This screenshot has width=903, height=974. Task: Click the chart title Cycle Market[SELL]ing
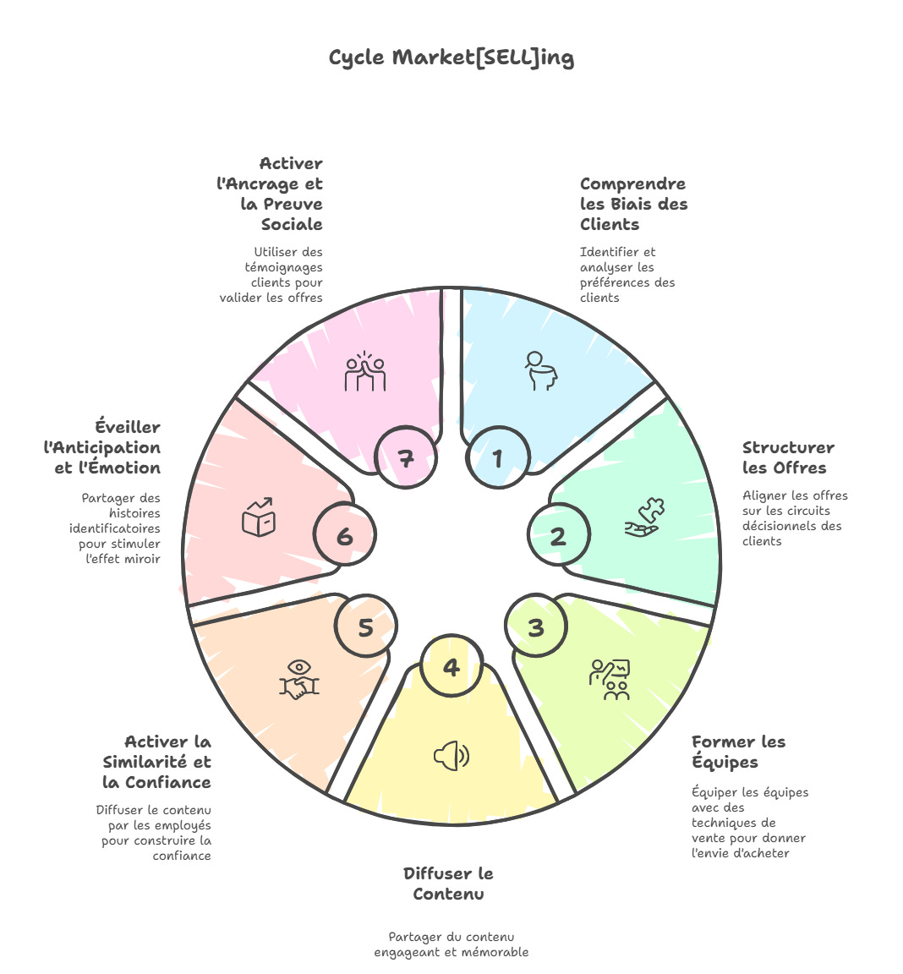coord(451,57)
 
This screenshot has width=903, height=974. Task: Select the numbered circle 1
coord(498,457)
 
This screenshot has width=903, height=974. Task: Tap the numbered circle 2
coord(559,535)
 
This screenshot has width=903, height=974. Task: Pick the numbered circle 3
coord(536,627)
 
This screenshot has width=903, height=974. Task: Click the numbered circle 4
coord(451,667)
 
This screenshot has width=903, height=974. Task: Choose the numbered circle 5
coord(365,627)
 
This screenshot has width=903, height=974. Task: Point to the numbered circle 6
coord(345,535)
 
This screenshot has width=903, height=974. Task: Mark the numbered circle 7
coord(407,457)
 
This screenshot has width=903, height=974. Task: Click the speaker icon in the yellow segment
coord(451,756)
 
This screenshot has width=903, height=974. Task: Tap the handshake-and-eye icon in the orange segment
coord(299,680)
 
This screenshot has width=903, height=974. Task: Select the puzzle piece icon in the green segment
coord(646,517)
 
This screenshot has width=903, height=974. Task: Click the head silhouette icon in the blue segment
coord(541,370)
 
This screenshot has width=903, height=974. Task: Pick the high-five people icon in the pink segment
coord(365,372)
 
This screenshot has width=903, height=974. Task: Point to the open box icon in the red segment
coord(259,517)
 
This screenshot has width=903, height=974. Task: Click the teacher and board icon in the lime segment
coord(610,679)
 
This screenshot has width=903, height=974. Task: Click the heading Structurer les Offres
coord(788,457)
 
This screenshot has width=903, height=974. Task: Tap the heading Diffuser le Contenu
coord(448,884)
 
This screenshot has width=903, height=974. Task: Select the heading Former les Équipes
coord(738,752)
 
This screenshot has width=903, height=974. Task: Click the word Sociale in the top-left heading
coord(292,224)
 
